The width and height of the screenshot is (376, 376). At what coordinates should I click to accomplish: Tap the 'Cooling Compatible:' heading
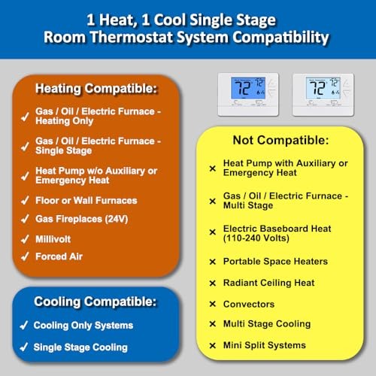[x=94, y=302]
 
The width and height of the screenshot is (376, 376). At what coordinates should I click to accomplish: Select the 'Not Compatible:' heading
[x=280, y=140]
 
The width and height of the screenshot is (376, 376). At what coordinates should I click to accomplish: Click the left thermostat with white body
[x=247, y=93]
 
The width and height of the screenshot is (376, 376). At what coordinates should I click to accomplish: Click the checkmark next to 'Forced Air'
[x=26, y=256]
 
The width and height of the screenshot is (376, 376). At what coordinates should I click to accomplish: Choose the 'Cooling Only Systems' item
[x=83, y=326]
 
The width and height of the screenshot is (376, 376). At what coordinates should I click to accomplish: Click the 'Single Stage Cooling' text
[x=80, y=347]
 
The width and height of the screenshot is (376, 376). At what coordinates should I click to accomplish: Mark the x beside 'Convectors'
[x=213, y=305]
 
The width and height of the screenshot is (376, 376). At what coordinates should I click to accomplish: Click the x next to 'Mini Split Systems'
[x=213, y=345]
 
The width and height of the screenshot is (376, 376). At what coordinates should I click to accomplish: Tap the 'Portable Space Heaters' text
[x=275, y=262]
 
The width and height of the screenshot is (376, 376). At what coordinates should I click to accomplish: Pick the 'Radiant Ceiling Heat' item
[x=268, y=283]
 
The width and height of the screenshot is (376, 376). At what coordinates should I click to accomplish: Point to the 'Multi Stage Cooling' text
[x=266, y=324]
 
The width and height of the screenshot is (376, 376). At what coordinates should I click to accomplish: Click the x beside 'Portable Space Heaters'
[x=213, y=262]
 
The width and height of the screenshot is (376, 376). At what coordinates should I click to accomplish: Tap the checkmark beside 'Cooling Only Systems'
[x=23, y=326]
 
